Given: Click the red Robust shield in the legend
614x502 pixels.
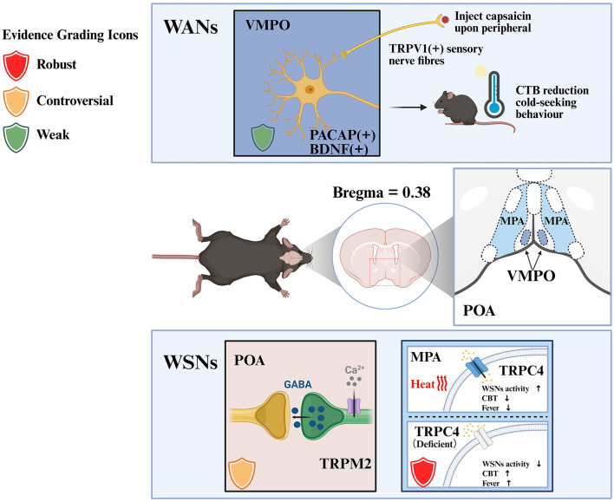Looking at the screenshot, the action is tap(16, 65).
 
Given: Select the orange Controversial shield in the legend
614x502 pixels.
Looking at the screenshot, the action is tap(16, 101).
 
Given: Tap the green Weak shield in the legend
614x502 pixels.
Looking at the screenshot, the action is tap(16, 138).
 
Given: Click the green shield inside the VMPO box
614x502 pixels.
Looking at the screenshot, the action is tap(263, 138).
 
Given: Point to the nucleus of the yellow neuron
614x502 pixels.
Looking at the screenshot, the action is tap(310, 89).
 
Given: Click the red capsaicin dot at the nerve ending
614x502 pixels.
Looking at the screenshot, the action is tap(446, 19).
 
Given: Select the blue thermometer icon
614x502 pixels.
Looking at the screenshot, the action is tap(494, 95).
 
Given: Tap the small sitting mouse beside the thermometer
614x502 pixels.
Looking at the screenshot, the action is tap(457, 108).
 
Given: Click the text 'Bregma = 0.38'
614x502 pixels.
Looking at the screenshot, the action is tap(382, 192).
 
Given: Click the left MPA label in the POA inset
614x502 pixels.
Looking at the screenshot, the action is tap(513, 221).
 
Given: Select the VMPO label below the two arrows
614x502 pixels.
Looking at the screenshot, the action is tap(531, 276).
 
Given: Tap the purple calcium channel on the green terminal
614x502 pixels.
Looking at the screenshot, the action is tap(354, 406).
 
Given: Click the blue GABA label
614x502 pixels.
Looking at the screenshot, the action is tap(298, 384).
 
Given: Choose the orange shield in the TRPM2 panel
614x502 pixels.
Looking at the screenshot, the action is tap(242, 473).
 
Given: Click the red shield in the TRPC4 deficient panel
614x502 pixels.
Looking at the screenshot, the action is tap(423, 473).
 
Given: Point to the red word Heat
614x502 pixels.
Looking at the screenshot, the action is tap(422, 384).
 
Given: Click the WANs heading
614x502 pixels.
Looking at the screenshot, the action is tap(191, 28).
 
